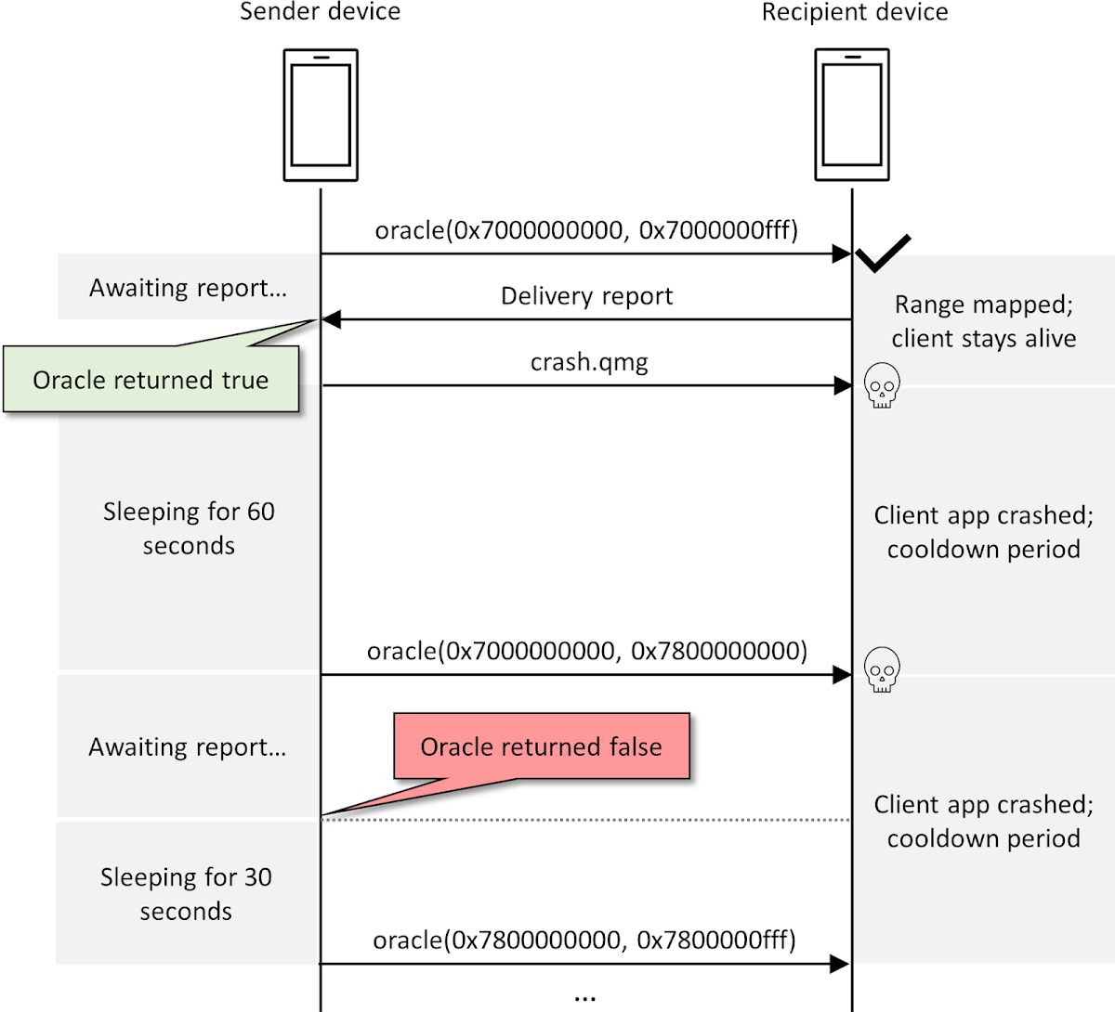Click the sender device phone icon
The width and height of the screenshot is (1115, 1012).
[x=321, y=116]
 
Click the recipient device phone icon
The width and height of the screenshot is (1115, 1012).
[x=852, y=116]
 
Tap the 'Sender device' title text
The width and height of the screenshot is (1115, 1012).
[x=321, y=12]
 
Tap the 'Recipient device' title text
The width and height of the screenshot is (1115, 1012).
[x=855, y=12]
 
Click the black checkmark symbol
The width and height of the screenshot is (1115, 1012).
[x=883, y=253]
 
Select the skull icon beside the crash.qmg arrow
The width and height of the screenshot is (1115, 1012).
[x=882, y=386]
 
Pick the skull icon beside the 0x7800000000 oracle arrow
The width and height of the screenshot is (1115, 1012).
[x=882, y=669]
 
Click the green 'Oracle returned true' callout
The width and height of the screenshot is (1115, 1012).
[x=151, y=380]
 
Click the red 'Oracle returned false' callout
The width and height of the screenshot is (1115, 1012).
[x=542, y=746]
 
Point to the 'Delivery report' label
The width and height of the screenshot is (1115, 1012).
[x=586, y=296]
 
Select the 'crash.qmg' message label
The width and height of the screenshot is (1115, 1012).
[x=589, y=362]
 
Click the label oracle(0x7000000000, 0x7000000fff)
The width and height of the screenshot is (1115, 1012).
[x=586, y=230]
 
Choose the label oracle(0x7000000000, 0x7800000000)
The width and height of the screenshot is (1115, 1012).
[x=586, y=651]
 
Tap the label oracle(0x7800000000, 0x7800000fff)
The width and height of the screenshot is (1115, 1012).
[x=584, y=941]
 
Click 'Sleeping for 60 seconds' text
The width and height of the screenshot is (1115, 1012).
[x=189, y=528]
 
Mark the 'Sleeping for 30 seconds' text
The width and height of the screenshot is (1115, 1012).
[x=186, y=894]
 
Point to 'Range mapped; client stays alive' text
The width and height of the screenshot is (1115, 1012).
[x=983, y=321]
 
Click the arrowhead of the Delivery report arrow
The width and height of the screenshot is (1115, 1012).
[x=331, y=319]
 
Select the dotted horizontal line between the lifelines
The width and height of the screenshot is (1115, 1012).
[x=586, y=820]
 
